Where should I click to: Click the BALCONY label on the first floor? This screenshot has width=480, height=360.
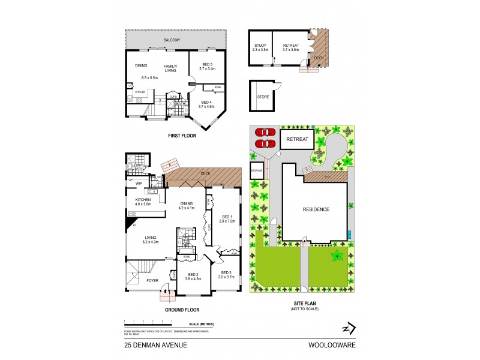tap(172, 41)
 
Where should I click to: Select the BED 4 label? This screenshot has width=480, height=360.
tap(206, 102)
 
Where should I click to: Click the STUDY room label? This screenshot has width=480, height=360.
tap(260, 46)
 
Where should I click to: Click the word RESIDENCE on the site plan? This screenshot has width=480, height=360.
tap(314, 209)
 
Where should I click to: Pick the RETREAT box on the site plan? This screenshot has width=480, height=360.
tap(297, 139)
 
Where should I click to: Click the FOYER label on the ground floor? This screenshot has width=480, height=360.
tap(153, 280)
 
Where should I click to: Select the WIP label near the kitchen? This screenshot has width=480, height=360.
tap(139, 183)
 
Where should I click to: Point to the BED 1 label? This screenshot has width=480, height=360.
tap(226, 217)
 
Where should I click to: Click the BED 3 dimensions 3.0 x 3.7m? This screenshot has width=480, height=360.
tap(226, 277)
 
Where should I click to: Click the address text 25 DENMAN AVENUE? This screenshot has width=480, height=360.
tap(156, 345)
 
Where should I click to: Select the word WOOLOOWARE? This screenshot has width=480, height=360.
tap(334, 345)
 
